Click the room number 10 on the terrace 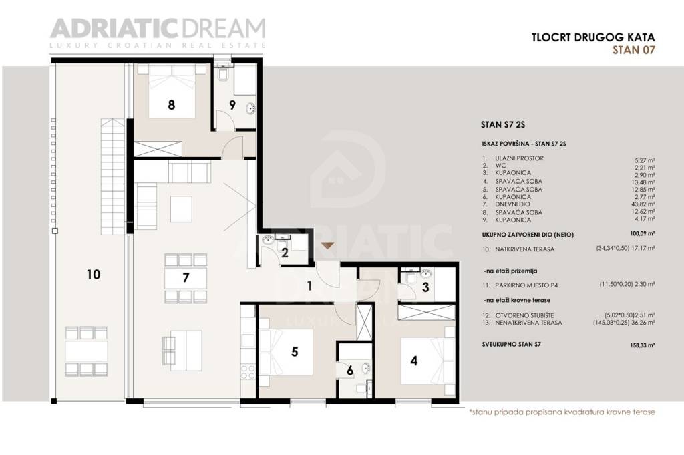tap(93, 274)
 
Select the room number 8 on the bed tap(172, 105)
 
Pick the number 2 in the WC tap(284, 253)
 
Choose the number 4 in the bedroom tap(414, 361)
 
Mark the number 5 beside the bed tap(295, 352)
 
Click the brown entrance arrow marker tap(327, 245)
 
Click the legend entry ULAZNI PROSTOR tap(520, 158)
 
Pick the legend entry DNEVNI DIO tap(514, 204)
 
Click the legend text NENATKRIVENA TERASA tap(529, 323)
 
